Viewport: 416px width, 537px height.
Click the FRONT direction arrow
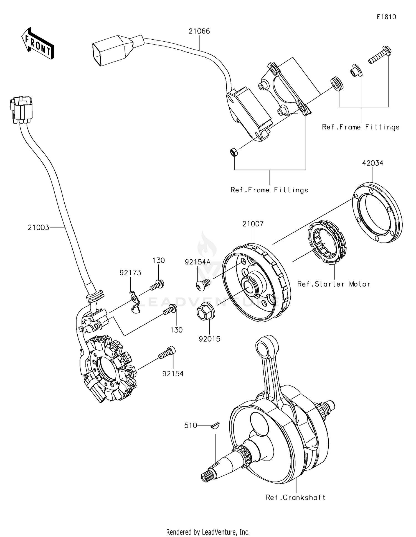(37, 44)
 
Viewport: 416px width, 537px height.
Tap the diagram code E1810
(386, 17)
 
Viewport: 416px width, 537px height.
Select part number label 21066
(199, 31)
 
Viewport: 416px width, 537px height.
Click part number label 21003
(38, 227)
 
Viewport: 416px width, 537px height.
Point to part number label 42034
(372, 163)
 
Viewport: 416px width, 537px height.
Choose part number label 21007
(253, 224)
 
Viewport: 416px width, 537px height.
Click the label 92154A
(198, 262)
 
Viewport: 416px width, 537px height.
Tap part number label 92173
(130, 273)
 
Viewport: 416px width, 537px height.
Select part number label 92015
(209, 339)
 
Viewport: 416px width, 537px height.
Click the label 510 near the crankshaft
(191, 425)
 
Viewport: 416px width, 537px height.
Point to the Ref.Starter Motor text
(334, 284)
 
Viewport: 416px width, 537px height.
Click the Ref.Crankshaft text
(295, 497)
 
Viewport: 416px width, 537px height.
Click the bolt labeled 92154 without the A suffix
(167, 352)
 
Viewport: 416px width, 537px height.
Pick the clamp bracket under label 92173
(135, 303)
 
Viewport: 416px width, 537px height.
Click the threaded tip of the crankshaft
(207, 477)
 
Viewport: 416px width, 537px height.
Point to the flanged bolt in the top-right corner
(381, 55)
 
